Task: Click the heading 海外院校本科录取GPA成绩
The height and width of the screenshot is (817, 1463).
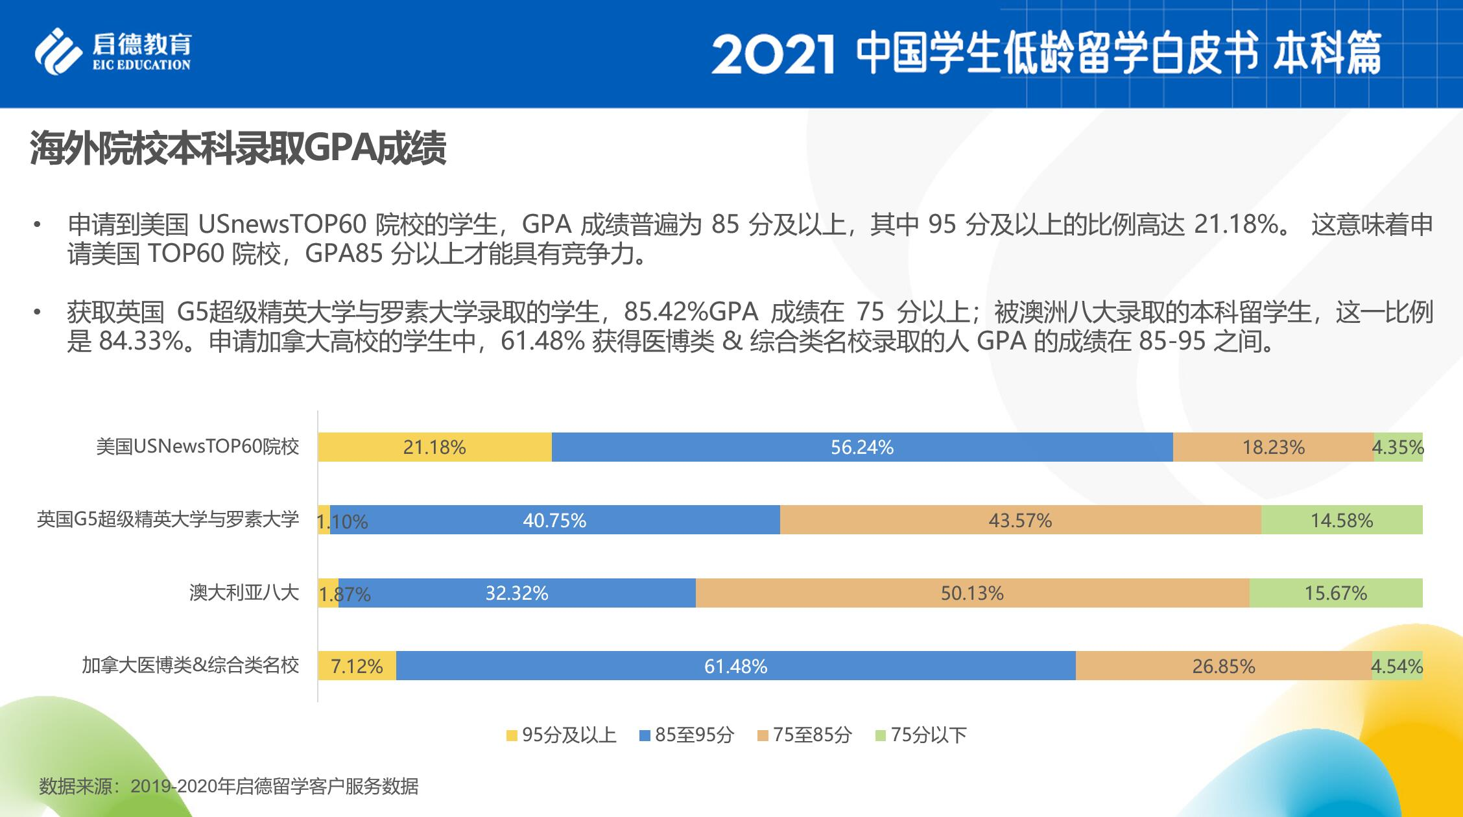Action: click(x=238, y=149)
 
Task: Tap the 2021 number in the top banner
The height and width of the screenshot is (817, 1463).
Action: click(x=772, y=54)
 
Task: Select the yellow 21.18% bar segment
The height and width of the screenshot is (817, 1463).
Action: click(x=434, y=447)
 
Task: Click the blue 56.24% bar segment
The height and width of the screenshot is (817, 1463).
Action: click(x=862, y=447)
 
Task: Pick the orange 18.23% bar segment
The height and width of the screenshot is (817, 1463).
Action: click(x=1272, y=447)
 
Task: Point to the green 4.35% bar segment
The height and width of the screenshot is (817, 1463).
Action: click(x=1398, y=447)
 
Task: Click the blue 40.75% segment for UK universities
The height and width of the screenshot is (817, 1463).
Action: click(x=554, y=521)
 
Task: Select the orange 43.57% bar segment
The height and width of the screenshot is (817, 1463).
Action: click(x=1020, y=521)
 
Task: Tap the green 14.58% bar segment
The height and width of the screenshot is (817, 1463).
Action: click(x=1342, y=521)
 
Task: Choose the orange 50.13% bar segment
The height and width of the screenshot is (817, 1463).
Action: click(x=972, y=593)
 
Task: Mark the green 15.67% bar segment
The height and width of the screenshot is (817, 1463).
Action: click(x=1336, y=593)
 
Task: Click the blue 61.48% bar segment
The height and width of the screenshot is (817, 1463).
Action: click(x=735, y=667)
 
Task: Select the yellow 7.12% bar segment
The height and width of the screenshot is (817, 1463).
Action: click(x=357, y=667)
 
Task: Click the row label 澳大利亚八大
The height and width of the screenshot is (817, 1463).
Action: click(x=244, y=593)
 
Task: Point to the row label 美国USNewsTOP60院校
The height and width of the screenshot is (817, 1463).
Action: click(x=198, y=447)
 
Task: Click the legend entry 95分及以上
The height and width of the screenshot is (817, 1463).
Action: click(x=561, y=735)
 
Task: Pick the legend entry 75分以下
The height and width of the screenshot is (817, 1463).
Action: click(x=921, y=735)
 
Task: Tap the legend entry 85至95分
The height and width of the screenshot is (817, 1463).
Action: click(x=687, y=735)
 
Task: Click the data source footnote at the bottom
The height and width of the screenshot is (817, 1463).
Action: click(x=228, y=787)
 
